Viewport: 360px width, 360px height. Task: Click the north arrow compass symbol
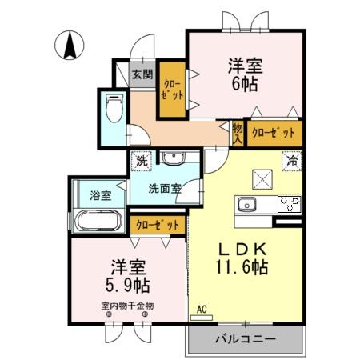(70, 43)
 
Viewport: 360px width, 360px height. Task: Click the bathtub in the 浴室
(96, 221)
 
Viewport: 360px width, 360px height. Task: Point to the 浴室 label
(101, 194)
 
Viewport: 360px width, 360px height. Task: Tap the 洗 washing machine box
(142, 160)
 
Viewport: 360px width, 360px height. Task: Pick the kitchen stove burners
(289, 203)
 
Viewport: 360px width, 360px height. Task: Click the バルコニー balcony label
(245, 339)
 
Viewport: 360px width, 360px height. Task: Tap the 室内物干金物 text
(127, 305)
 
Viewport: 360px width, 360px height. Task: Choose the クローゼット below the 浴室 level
(158, 226)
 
